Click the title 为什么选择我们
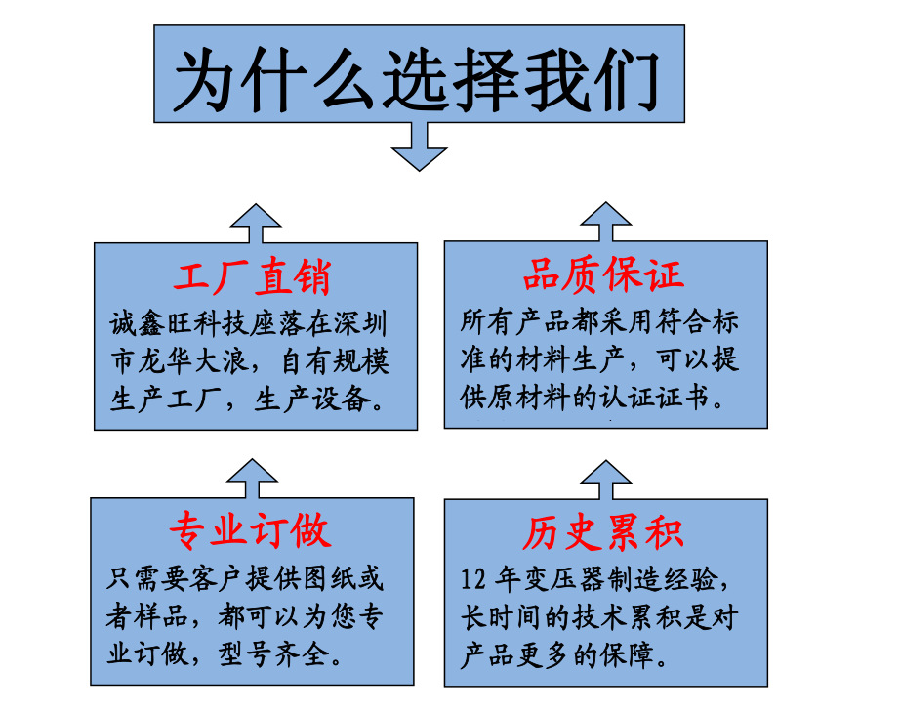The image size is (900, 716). click(x=418, y=76)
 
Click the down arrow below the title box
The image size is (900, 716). click(x=419, y=147)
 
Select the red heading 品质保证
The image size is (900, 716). click(x=603, y=275)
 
